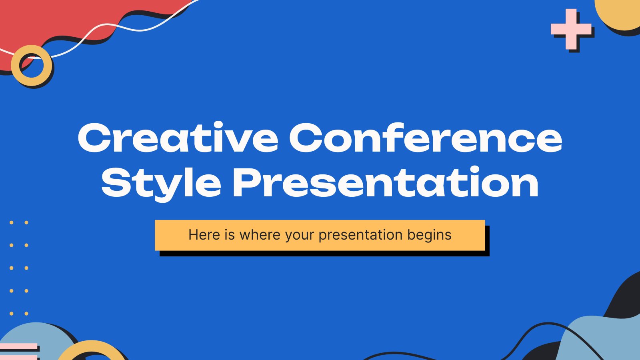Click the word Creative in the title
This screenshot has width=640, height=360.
pyautogui.click(x=178, y=138)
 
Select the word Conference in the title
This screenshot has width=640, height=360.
pyautogui.click(x=426, y=138)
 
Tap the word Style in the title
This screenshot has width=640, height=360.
pyautogui.click(x=162, y=183)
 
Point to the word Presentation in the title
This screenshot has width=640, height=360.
pyautogui.click(x=386, y=182)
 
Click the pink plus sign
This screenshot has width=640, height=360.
pyautogui.click(x=571, y=29)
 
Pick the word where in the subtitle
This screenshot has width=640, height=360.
pyautogui.click(x=260, y=235)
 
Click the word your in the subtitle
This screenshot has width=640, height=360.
pyautogui.click(x=300, y=236)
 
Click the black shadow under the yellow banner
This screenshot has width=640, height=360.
pyautogui.click(x=324, y=253)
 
